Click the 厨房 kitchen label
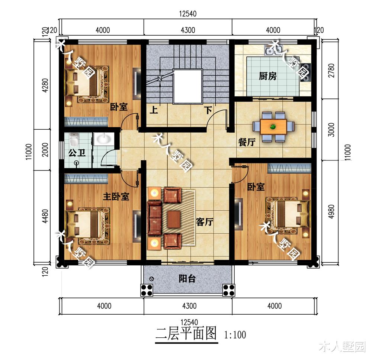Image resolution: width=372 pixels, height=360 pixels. click(267, 76)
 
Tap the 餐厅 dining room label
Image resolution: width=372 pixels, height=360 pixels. click(247, 142)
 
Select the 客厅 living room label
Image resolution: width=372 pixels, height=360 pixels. click(205, 222)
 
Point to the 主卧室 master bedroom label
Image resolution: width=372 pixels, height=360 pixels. click(116, 197)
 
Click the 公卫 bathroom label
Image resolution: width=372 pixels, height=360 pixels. click(77, 153)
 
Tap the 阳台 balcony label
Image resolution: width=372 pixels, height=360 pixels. click(187, 279)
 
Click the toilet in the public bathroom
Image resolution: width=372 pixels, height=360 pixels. click(74, 140)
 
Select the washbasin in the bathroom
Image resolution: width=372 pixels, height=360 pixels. click(104, 139)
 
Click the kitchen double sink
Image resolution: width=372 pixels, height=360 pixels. click(273, 51)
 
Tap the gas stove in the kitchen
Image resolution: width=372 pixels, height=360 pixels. click(305, 73)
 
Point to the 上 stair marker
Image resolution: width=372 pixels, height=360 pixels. click(154, 110)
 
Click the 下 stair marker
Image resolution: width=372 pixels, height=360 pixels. click(208, 110)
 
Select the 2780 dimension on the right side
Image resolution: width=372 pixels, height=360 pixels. click(332, 70)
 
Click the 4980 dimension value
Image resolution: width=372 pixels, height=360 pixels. click(332, 211)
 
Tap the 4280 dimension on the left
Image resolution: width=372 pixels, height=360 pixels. click(45, 85)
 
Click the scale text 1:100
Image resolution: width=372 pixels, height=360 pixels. click(235, 335)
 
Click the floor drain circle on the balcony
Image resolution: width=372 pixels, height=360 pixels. click(152, 279)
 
